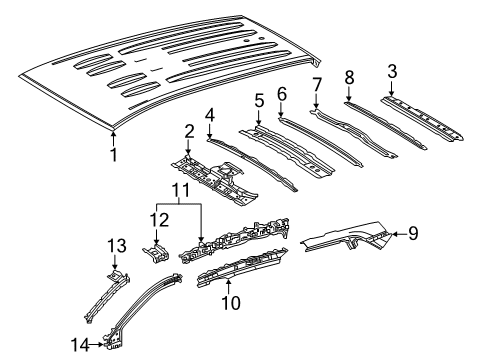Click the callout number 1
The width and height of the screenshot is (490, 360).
pos(114,155)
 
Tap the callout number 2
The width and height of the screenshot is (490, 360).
pos(187,131)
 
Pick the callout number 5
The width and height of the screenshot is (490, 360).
pos(258,100)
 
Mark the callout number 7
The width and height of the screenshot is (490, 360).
pos(316,84)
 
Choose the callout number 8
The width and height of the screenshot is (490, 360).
pos(349,76)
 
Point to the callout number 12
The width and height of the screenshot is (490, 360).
pos(159,219)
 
